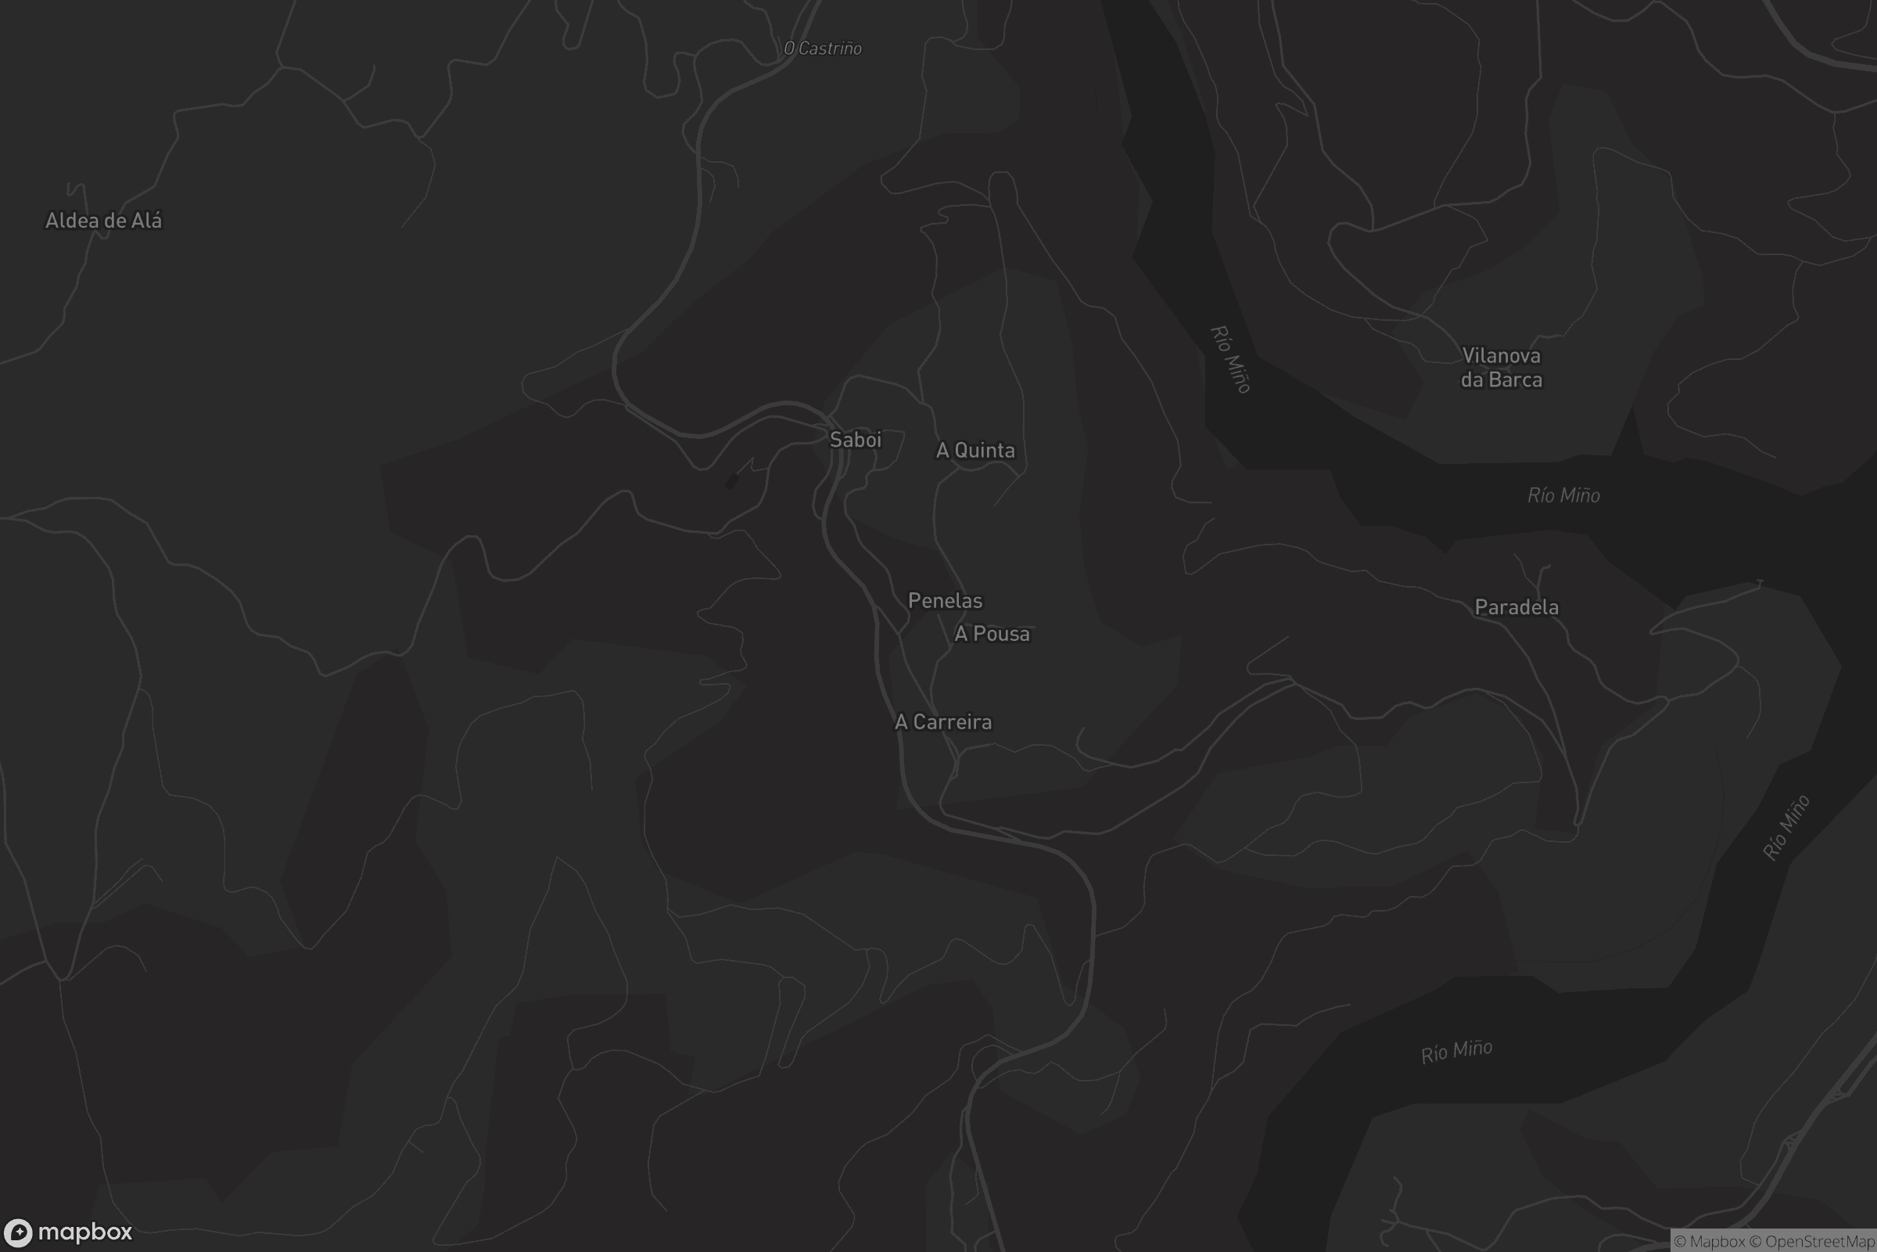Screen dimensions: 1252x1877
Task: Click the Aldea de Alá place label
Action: click(x=104, y=221)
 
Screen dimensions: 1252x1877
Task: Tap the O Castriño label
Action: click(x=823, y=49)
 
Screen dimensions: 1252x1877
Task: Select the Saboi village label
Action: click(x=856, y=439)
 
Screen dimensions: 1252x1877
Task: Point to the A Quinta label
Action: click(x=975, y=451)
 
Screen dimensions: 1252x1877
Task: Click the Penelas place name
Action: click(x=945, y=600)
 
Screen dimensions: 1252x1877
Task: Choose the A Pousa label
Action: click(x=992, y=634)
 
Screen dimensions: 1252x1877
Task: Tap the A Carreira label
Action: click(x=943, y=721)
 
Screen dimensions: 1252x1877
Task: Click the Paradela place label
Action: click(x=1516, y=608)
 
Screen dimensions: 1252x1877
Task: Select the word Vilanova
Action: click(x=1501, y=355)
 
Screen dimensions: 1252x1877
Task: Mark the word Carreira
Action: click(x=952, y=721)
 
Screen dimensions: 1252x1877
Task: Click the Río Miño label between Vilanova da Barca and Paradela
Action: click(x=1563, y=496)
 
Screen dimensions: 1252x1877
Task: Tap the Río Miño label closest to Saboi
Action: click(x=1229, y=359)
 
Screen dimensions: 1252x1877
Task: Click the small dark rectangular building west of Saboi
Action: click(x=732, y=481)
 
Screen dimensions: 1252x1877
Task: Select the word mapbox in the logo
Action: click(x=84, y=1232)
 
